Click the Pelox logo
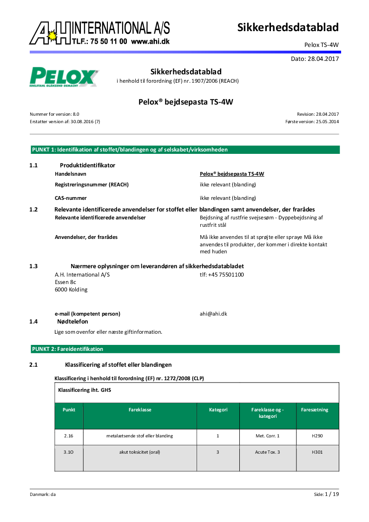tap(64, 77)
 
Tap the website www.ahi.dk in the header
tap(150, 41)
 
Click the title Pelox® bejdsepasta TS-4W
tap(185, 102)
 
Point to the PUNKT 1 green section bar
tap(184, 150)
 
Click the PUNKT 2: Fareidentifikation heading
tap(67, 349)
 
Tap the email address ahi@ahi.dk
tap(213, 314)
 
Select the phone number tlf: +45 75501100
tap(222, 275)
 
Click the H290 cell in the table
tap(317, 436)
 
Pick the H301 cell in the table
tap(317, 452)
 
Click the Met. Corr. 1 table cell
tap(267, 436)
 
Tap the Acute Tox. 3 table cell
tap(267, 452)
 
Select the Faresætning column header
tap(315, 410)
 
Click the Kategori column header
tap(218, 410)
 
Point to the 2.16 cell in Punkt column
tap(69, 436)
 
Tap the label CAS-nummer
tap(71, 198)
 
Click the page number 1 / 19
tap(331, 494)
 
